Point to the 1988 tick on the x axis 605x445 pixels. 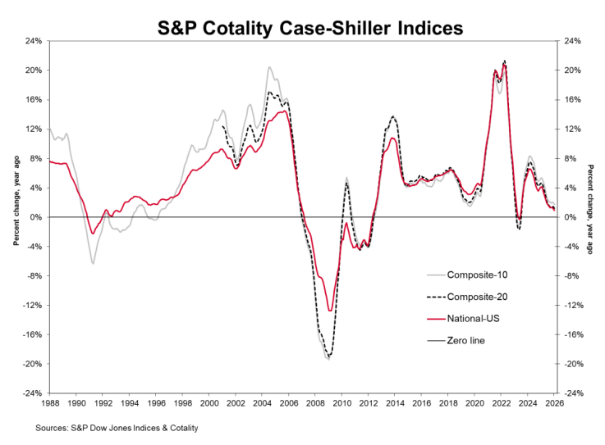49,402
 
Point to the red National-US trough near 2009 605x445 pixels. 330,311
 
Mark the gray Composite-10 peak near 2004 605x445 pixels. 269,67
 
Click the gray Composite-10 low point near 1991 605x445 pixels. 93,263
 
